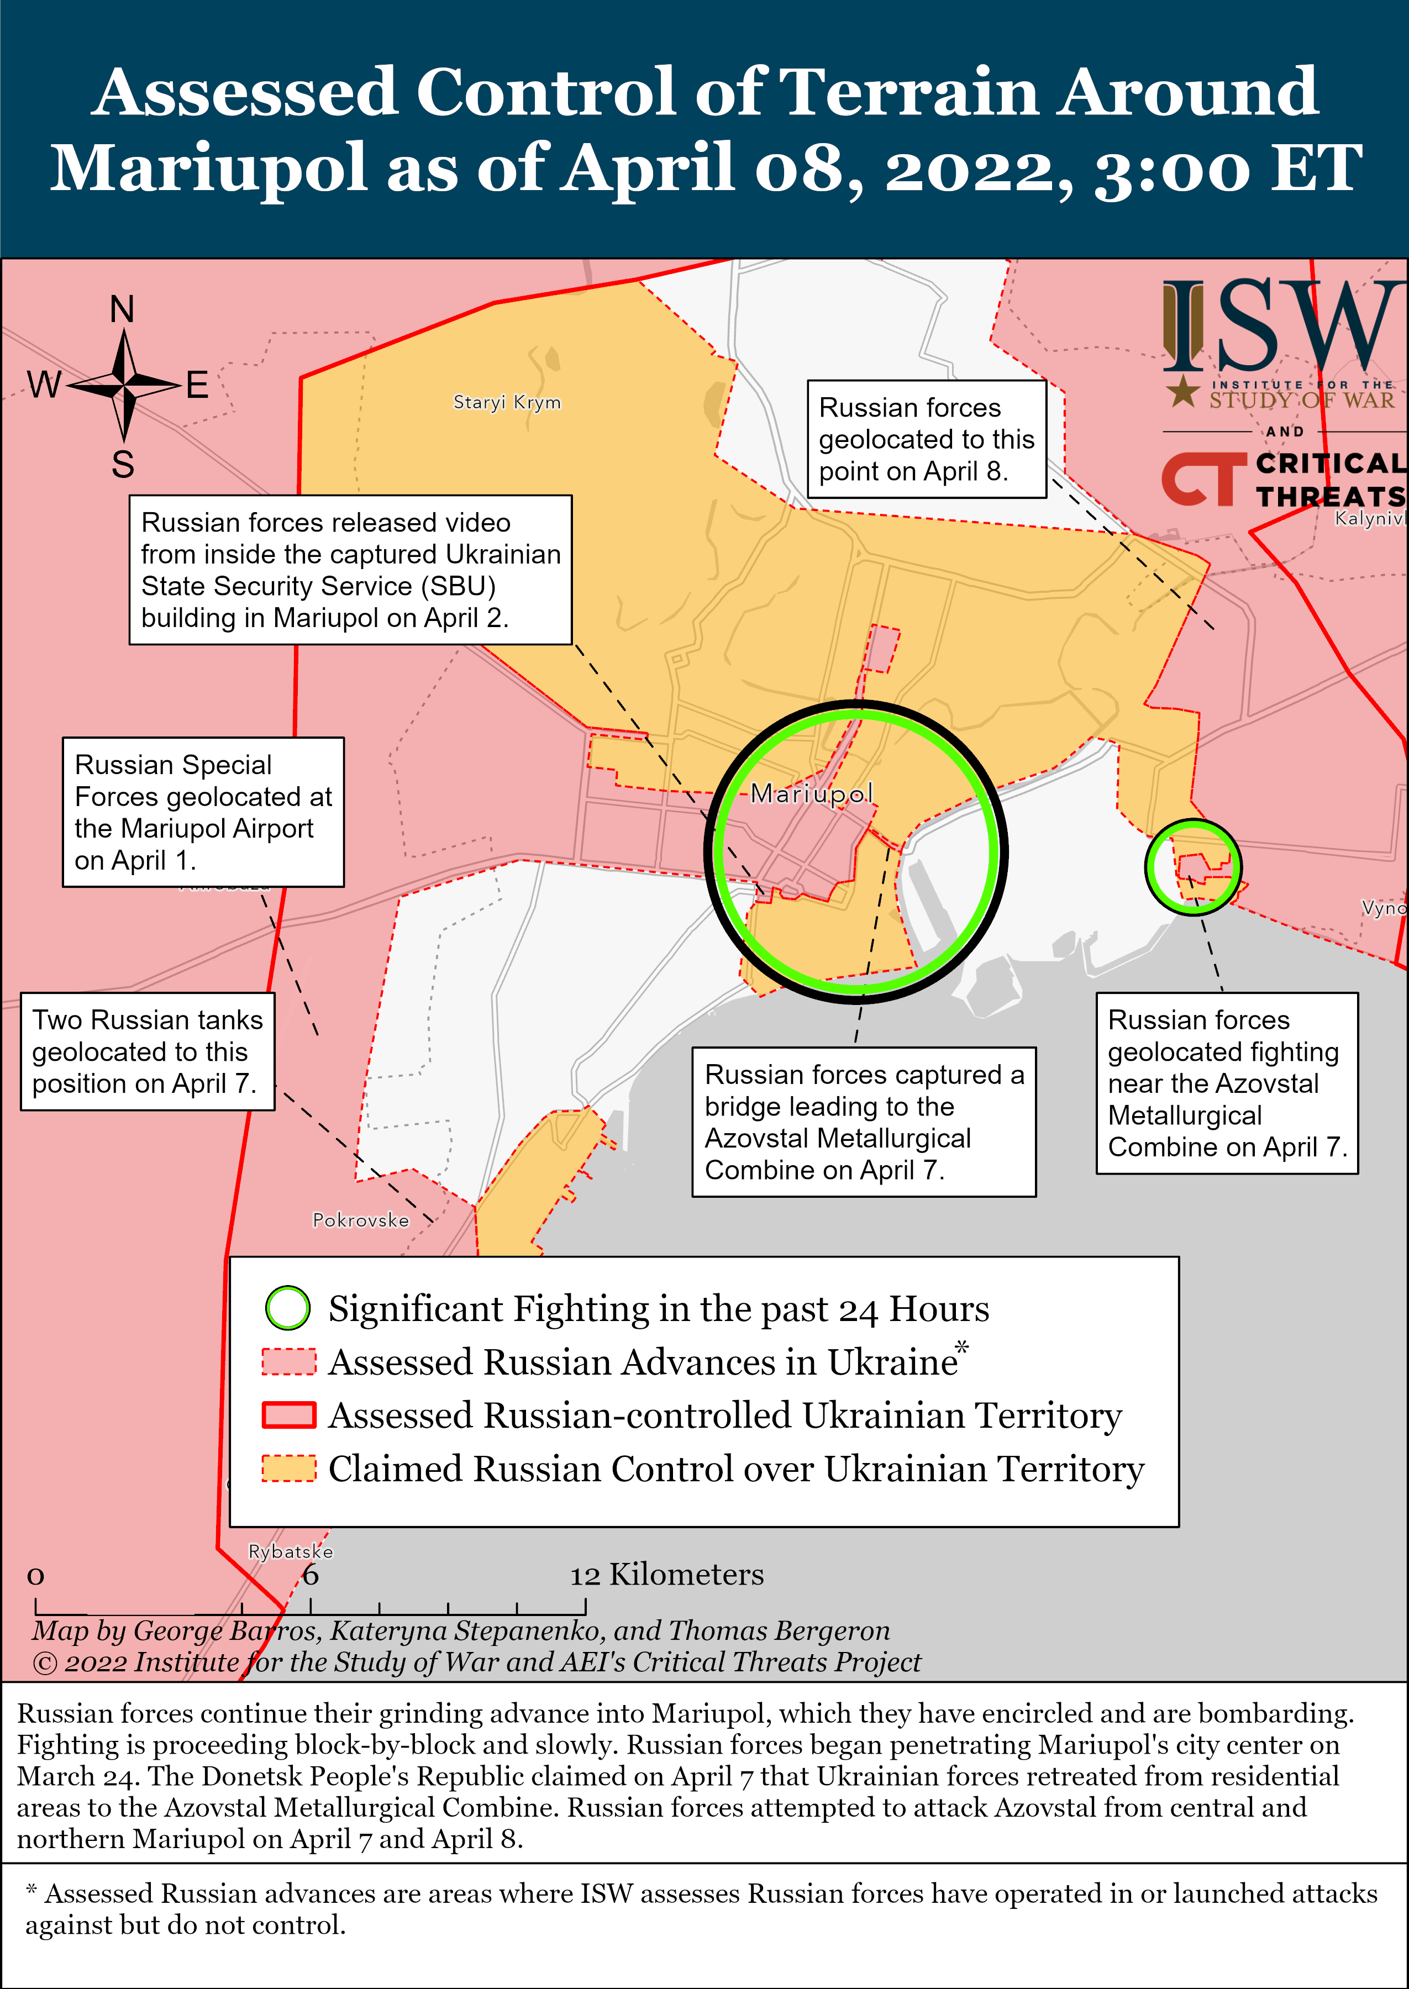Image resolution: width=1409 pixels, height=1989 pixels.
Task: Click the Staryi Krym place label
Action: pos(507,402)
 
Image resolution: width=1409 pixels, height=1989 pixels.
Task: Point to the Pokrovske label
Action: pos(360,1220)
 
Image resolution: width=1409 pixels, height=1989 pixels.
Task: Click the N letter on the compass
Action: pos(122,309)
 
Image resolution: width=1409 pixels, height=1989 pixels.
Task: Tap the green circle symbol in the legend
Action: pos(287,1308)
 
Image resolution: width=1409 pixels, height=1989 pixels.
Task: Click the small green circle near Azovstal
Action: pos(1193,866)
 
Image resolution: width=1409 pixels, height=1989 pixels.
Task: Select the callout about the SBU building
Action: pos(350,570)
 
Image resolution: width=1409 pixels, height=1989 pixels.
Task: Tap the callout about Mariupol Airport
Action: pos(203,812)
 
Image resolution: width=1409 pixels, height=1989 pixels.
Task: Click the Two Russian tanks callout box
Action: pos(148,1051)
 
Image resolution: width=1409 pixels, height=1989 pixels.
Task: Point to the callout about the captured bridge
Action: pos(863,1122)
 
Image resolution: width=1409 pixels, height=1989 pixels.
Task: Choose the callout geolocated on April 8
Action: pos(927,439)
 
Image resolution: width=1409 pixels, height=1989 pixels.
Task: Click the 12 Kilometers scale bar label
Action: pos(666,1575)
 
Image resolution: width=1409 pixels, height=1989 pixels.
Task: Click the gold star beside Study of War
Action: pos(1182,392)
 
